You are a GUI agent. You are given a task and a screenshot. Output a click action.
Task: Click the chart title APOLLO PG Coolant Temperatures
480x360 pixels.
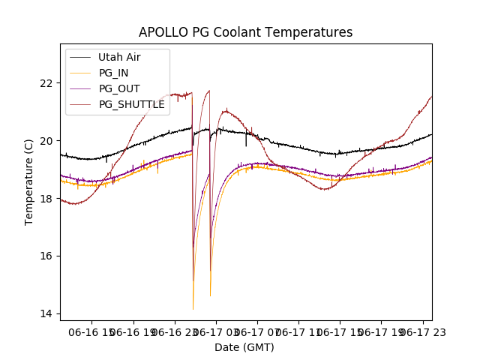[245, 32]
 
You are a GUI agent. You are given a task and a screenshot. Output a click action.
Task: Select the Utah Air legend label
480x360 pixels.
[119, 57]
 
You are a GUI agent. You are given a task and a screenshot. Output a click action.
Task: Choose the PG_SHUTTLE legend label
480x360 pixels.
[131, 104]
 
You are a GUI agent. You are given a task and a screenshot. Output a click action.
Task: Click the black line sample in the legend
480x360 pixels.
[80, 57]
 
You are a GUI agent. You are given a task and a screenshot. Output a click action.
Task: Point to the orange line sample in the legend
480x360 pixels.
[80, 73]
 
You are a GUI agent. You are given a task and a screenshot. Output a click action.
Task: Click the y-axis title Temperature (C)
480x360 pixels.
[29, 181]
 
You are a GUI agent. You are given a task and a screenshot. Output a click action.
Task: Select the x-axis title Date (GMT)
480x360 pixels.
[244, 347]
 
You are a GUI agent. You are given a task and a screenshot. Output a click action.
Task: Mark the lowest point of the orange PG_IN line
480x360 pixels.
[193, 309]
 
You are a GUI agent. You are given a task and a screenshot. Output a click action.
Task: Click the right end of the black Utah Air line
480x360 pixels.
[431, 134]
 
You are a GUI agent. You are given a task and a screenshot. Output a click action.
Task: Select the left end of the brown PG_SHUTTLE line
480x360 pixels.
[61, 199]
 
